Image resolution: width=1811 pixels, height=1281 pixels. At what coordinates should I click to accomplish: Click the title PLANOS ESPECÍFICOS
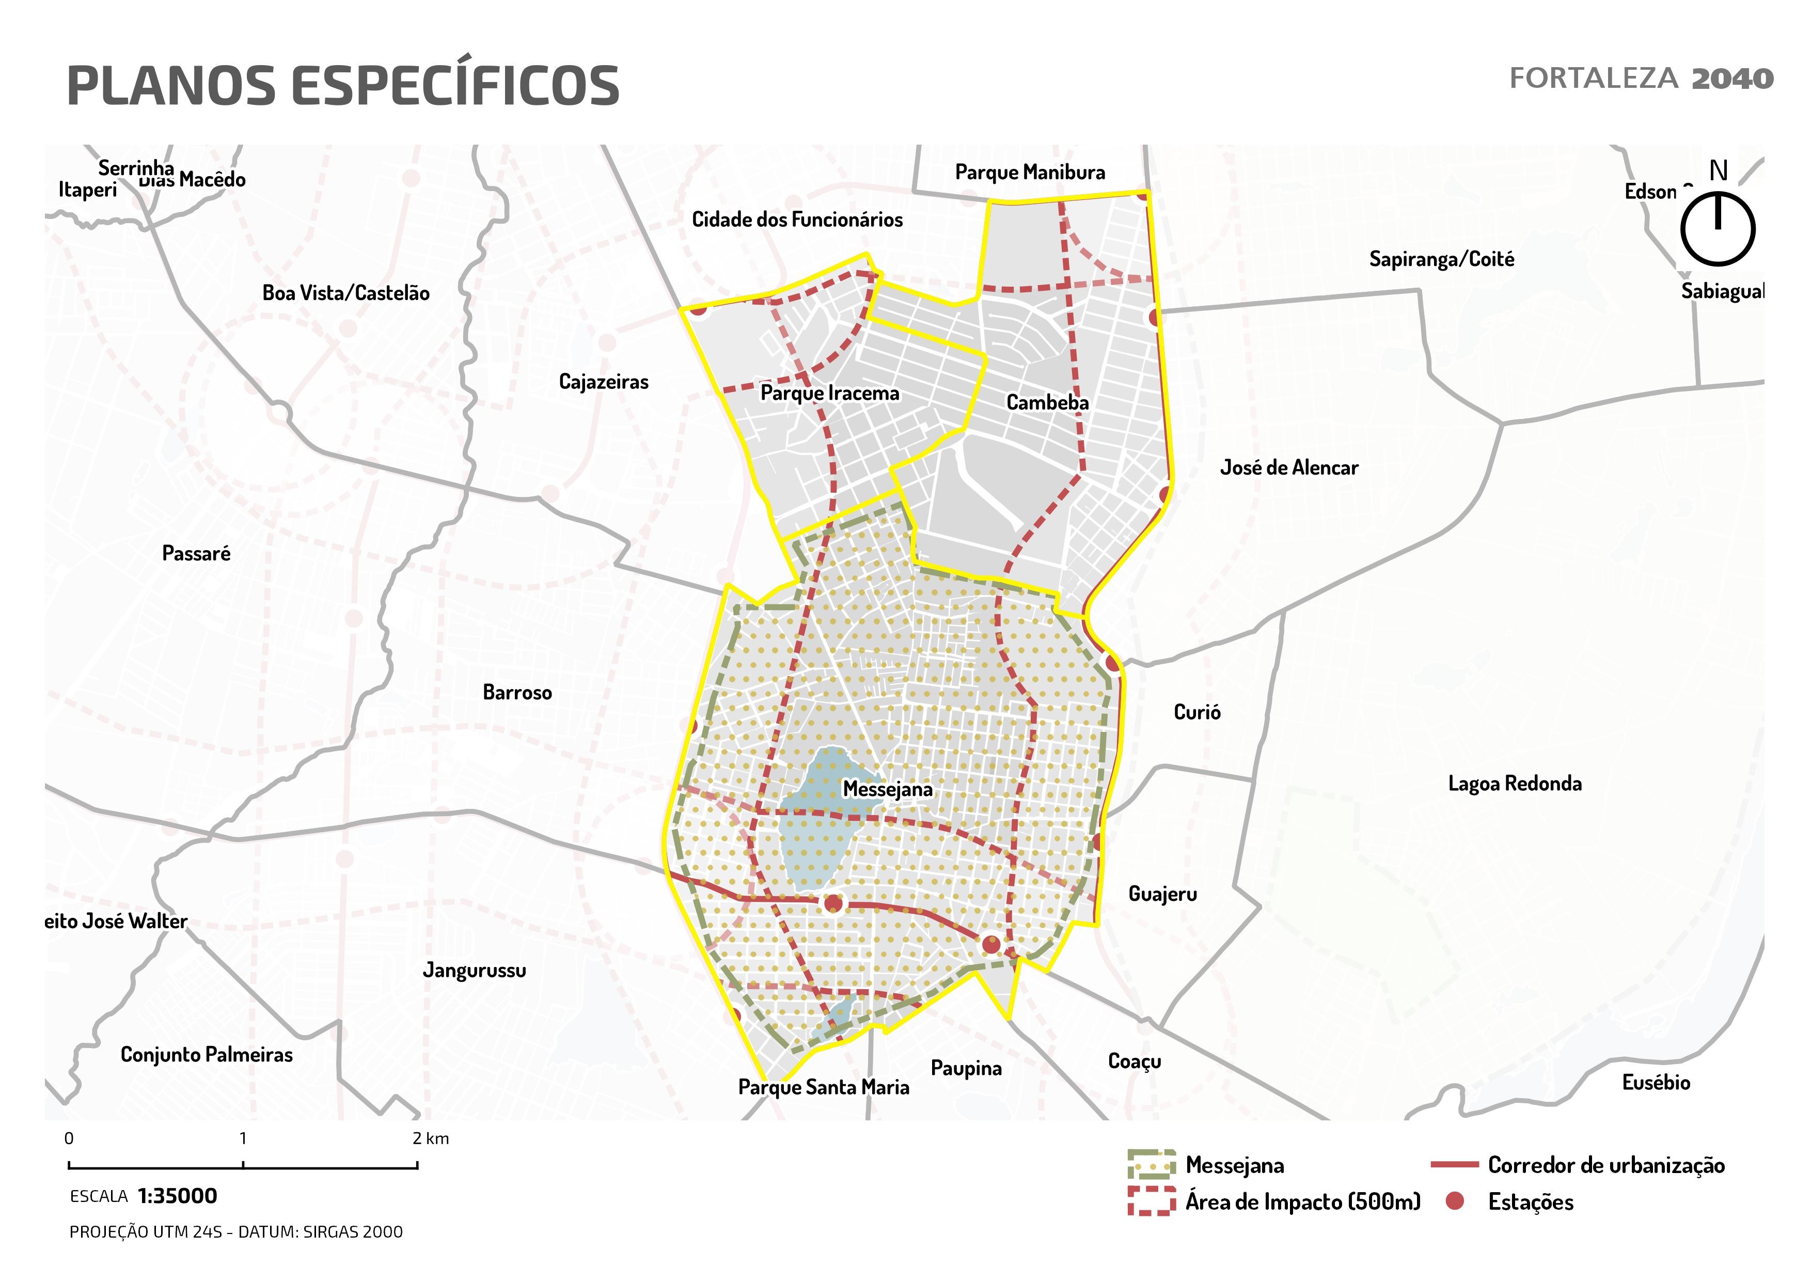coord(343,85)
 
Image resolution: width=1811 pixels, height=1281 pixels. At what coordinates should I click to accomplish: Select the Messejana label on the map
coord(887,789)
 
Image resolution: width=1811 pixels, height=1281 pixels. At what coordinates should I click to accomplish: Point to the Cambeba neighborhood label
coord(1047,402)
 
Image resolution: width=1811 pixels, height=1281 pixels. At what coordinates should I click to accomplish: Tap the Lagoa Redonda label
coord(1515,783)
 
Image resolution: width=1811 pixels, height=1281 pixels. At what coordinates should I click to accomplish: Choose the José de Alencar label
coord(1289,468)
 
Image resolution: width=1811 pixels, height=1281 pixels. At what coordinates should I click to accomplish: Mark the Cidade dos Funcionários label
coord(797,220)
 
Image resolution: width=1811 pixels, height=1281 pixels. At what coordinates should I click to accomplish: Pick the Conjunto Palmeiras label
coord(206,1055)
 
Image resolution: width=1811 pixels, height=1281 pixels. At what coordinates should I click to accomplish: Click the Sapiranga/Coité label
coord(1441,259)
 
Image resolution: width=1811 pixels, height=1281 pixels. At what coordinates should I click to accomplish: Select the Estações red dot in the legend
coord(1455,1201)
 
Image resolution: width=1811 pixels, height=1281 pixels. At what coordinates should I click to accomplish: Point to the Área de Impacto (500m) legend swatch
coord(1151,1201)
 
